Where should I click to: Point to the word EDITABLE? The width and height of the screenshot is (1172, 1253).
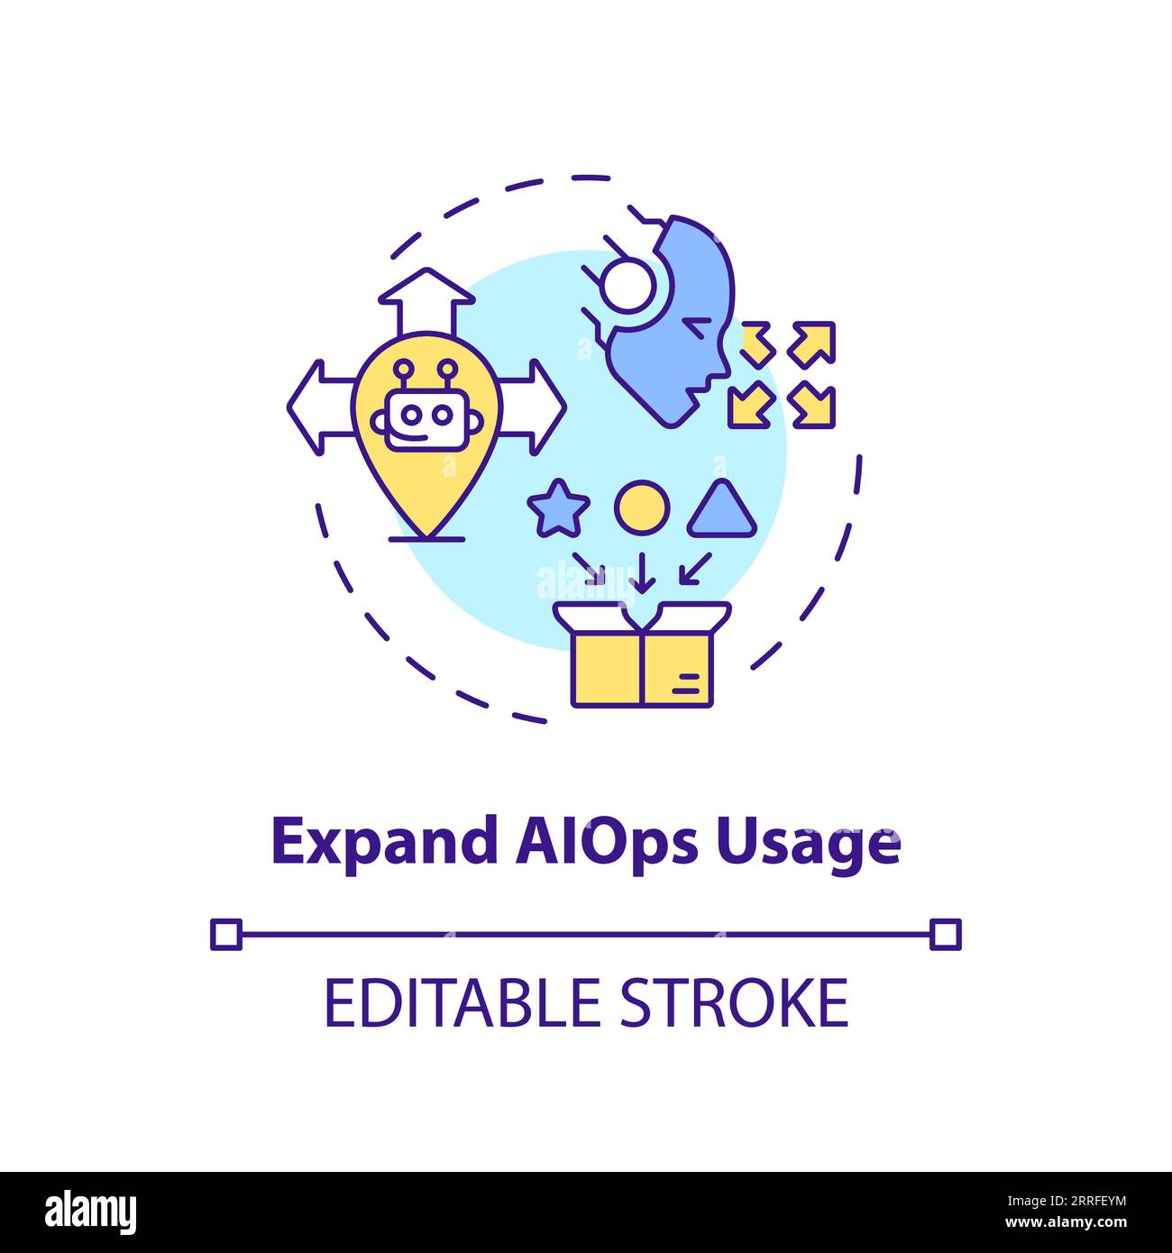[462, 1002]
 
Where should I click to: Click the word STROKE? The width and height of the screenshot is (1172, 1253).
[734, 1002]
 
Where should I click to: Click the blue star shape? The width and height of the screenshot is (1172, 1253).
[558, 508]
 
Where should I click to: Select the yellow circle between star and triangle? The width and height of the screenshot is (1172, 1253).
[642, 508]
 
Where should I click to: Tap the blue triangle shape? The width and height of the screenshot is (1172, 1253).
[721, 508]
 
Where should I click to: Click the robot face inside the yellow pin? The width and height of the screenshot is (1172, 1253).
[426, 410]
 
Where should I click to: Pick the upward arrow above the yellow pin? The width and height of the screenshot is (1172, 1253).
[426, 301]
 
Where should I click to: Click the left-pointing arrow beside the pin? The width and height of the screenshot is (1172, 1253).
[321, 407]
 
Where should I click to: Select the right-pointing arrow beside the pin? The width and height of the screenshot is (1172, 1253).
[532, 407]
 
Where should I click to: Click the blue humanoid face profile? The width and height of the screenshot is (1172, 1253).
[669, 322]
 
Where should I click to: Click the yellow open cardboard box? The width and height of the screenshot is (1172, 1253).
[642, 654]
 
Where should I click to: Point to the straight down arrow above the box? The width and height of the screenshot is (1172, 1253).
[642, 572]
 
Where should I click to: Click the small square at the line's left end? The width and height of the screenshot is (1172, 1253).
[226, 935]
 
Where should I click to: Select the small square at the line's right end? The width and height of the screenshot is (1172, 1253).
[946, 935]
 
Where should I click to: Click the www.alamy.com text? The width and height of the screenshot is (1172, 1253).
[1066, 1223]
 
